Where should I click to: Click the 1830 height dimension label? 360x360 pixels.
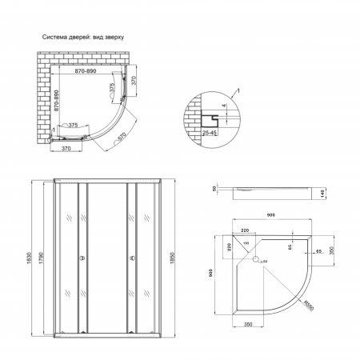(x=28, y=254)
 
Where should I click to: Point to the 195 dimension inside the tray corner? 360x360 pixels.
(x=247, y=243)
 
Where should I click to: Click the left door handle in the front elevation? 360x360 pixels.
(x=80, y=258)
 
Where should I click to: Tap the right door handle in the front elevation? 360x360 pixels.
(x=126, y=258)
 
